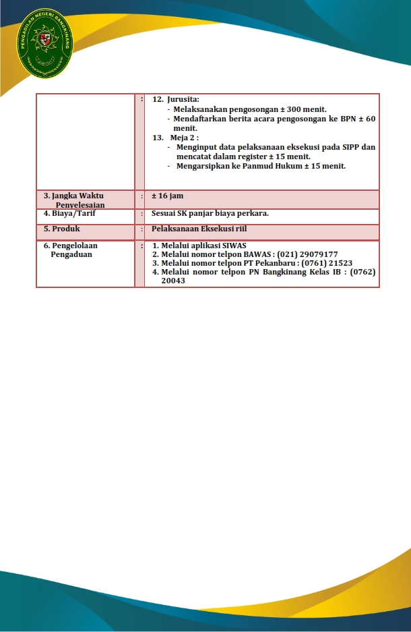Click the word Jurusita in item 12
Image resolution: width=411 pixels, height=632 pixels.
(x=183, y=99)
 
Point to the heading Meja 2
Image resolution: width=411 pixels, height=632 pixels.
(x=185, y=138)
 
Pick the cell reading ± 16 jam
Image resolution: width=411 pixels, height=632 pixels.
(x=167, y=196)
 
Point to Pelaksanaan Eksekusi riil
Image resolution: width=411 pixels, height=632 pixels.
(x=199, y=229)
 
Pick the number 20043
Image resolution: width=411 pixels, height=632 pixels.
(x=173, y=281)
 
